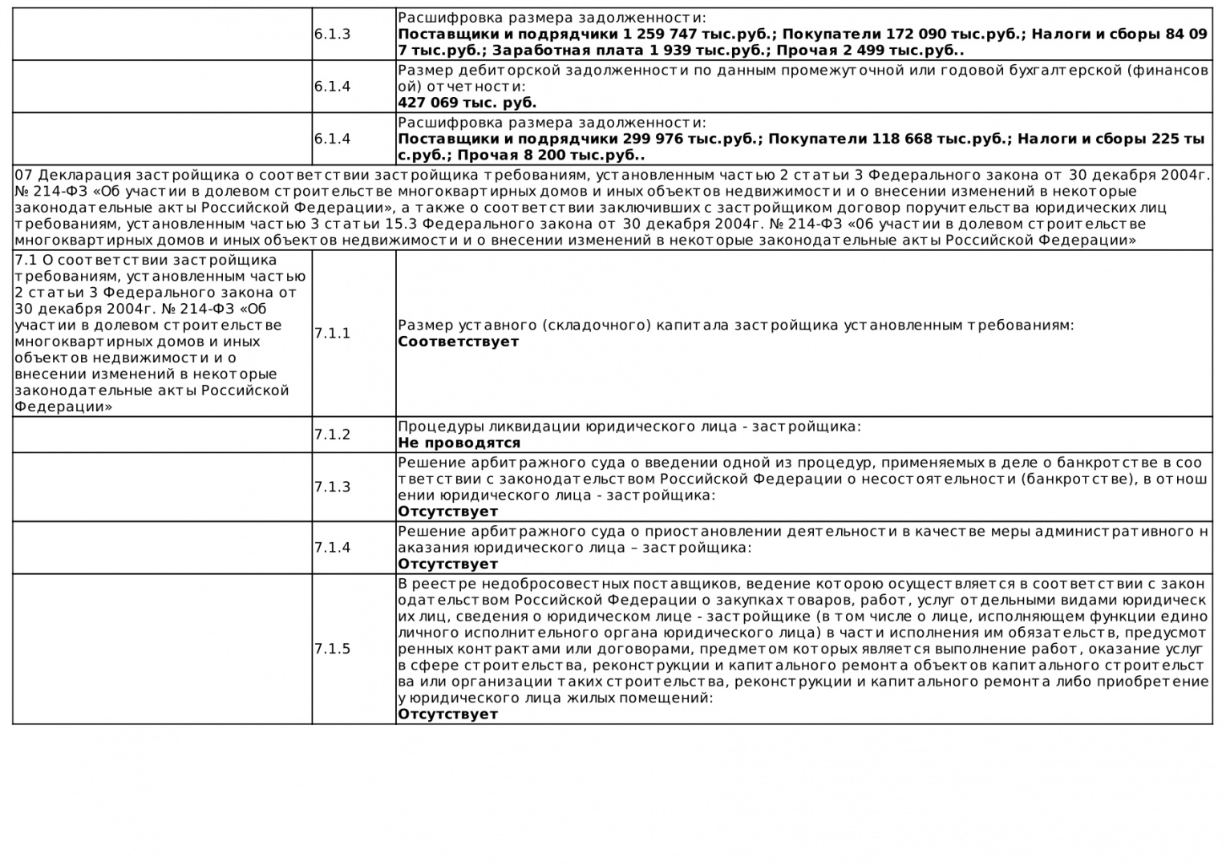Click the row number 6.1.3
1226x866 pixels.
(x=332, y=34)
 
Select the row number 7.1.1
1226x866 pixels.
(x=332, y=334)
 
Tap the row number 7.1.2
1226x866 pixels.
(x=332, y=435)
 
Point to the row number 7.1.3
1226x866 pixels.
(x=332, y=487)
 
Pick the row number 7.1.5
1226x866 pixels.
(x=332, y=649)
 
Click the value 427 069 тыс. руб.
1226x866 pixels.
(x=467, y=103)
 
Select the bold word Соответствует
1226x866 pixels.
(x=458, y=342)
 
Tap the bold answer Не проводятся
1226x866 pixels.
(x=459, y=443)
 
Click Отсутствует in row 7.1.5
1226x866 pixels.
(x=447, y=714)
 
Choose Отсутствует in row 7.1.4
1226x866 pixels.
(x=447, y=564)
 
